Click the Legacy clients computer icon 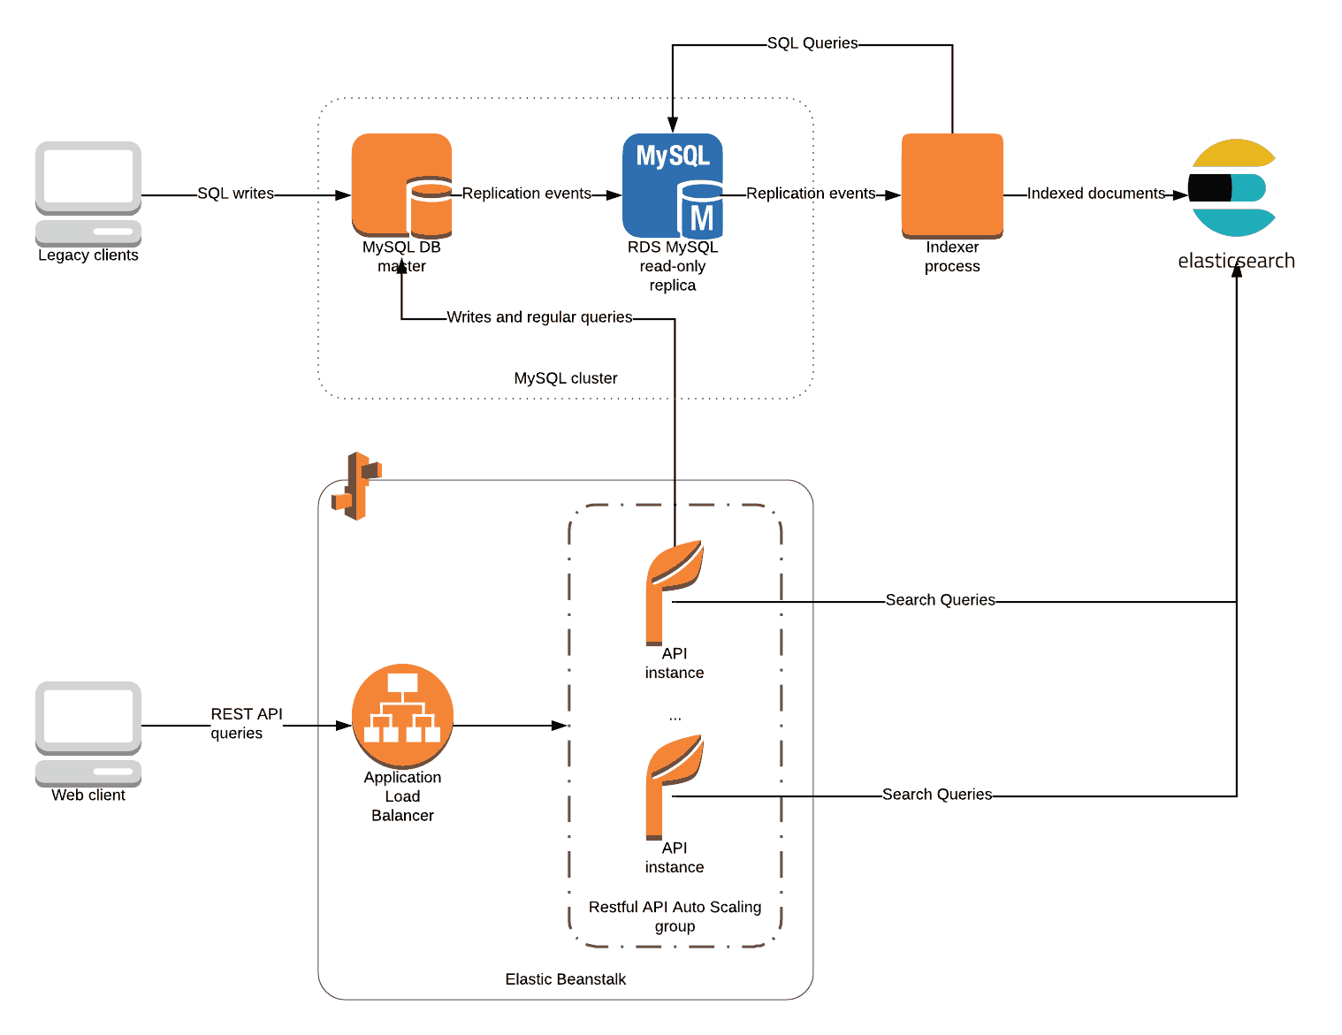point(88,193)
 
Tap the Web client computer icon point(88,733)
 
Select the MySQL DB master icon point(402,186)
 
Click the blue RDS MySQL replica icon point(673,186)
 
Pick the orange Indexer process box point(952,186)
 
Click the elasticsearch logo point(1232,187)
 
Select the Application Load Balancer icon point(402,716)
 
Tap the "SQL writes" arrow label point(235,194)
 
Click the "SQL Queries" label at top point(812,43)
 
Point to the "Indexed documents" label point(1095,194)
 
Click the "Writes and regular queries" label point(539,317)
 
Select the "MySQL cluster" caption point(566,378)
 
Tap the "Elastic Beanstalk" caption point(566,979)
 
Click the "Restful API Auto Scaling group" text point(675,917)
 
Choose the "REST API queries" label point(245,724)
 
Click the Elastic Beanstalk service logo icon point(356,485)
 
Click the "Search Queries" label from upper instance point(940,600)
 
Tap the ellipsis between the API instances point(675,718)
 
